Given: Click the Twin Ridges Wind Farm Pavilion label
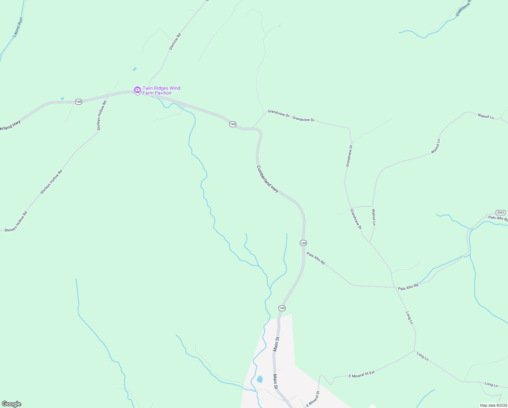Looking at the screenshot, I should coord(161,90).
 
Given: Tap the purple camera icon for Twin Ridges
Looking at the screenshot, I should coord(137,90).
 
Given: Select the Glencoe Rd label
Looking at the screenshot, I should coord(175,41).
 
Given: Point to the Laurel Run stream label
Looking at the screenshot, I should coord(18,28).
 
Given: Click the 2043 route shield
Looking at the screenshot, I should coord(500,212).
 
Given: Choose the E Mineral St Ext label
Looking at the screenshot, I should coord(362,374).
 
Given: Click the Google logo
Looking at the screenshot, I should coord(12,404).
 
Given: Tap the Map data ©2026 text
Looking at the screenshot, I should coord(493,405).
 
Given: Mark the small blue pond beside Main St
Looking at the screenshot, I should coord(260,379).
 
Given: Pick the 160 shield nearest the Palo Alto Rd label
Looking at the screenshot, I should coord(303,243).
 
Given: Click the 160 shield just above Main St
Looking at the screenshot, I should coord(282,308).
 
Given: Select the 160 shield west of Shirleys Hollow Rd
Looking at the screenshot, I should coord(78,102).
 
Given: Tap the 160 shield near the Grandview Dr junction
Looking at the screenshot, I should coord(233,124).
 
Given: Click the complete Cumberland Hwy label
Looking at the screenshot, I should coord(268,179).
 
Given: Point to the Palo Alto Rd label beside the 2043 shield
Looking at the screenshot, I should coord(498,218).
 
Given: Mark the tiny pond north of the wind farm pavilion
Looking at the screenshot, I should coord(134,69).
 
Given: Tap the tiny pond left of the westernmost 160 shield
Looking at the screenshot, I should coord(62,99).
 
